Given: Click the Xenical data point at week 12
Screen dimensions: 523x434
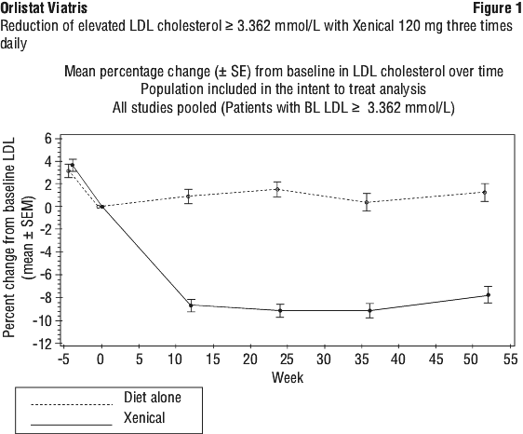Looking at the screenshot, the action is coord(191,305).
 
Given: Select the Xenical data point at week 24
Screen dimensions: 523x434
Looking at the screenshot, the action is coord(280,311).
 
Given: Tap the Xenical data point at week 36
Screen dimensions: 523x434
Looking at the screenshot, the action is coord(369,311).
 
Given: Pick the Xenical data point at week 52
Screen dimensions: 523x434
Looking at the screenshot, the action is coord(489,295).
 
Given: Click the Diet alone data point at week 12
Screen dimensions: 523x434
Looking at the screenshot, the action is coord(189,197).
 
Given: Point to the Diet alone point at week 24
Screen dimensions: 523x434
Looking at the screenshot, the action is coord(277,190).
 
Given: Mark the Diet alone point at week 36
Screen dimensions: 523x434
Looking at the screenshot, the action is coord(367,202).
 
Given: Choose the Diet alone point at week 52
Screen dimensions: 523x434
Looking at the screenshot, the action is coord(485,193).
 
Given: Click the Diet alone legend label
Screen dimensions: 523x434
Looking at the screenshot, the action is coord(153,398).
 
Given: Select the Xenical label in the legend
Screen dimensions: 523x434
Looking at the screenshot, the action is coord(144,417).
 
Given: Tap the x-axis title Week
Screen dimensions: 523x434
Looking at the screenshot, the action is coord(288,377).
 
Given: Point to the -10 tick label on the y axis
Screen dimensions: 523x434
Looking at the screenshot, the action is coord(43,320).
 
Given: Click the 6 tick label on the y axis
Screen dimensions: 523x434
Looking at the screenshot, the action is coord(48,139).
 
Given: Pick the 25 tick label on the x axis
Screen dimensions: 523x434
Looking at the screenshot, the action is coord(287,359).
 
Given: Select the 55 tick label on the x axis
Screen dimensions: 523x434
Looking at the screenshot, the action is coord(510,359).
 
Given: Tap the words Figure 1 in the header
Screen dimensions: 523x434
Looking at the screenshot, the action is coord(497,8).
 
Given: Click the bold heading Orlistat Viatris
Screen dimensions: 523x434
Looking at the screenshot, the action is coord(44,8).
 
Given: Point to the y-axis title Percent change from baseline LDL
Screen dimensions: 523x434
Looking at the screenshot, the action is coord(9,237).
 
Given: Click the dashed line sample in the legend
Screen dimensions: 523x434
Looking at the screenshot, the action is coord(72,405).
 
